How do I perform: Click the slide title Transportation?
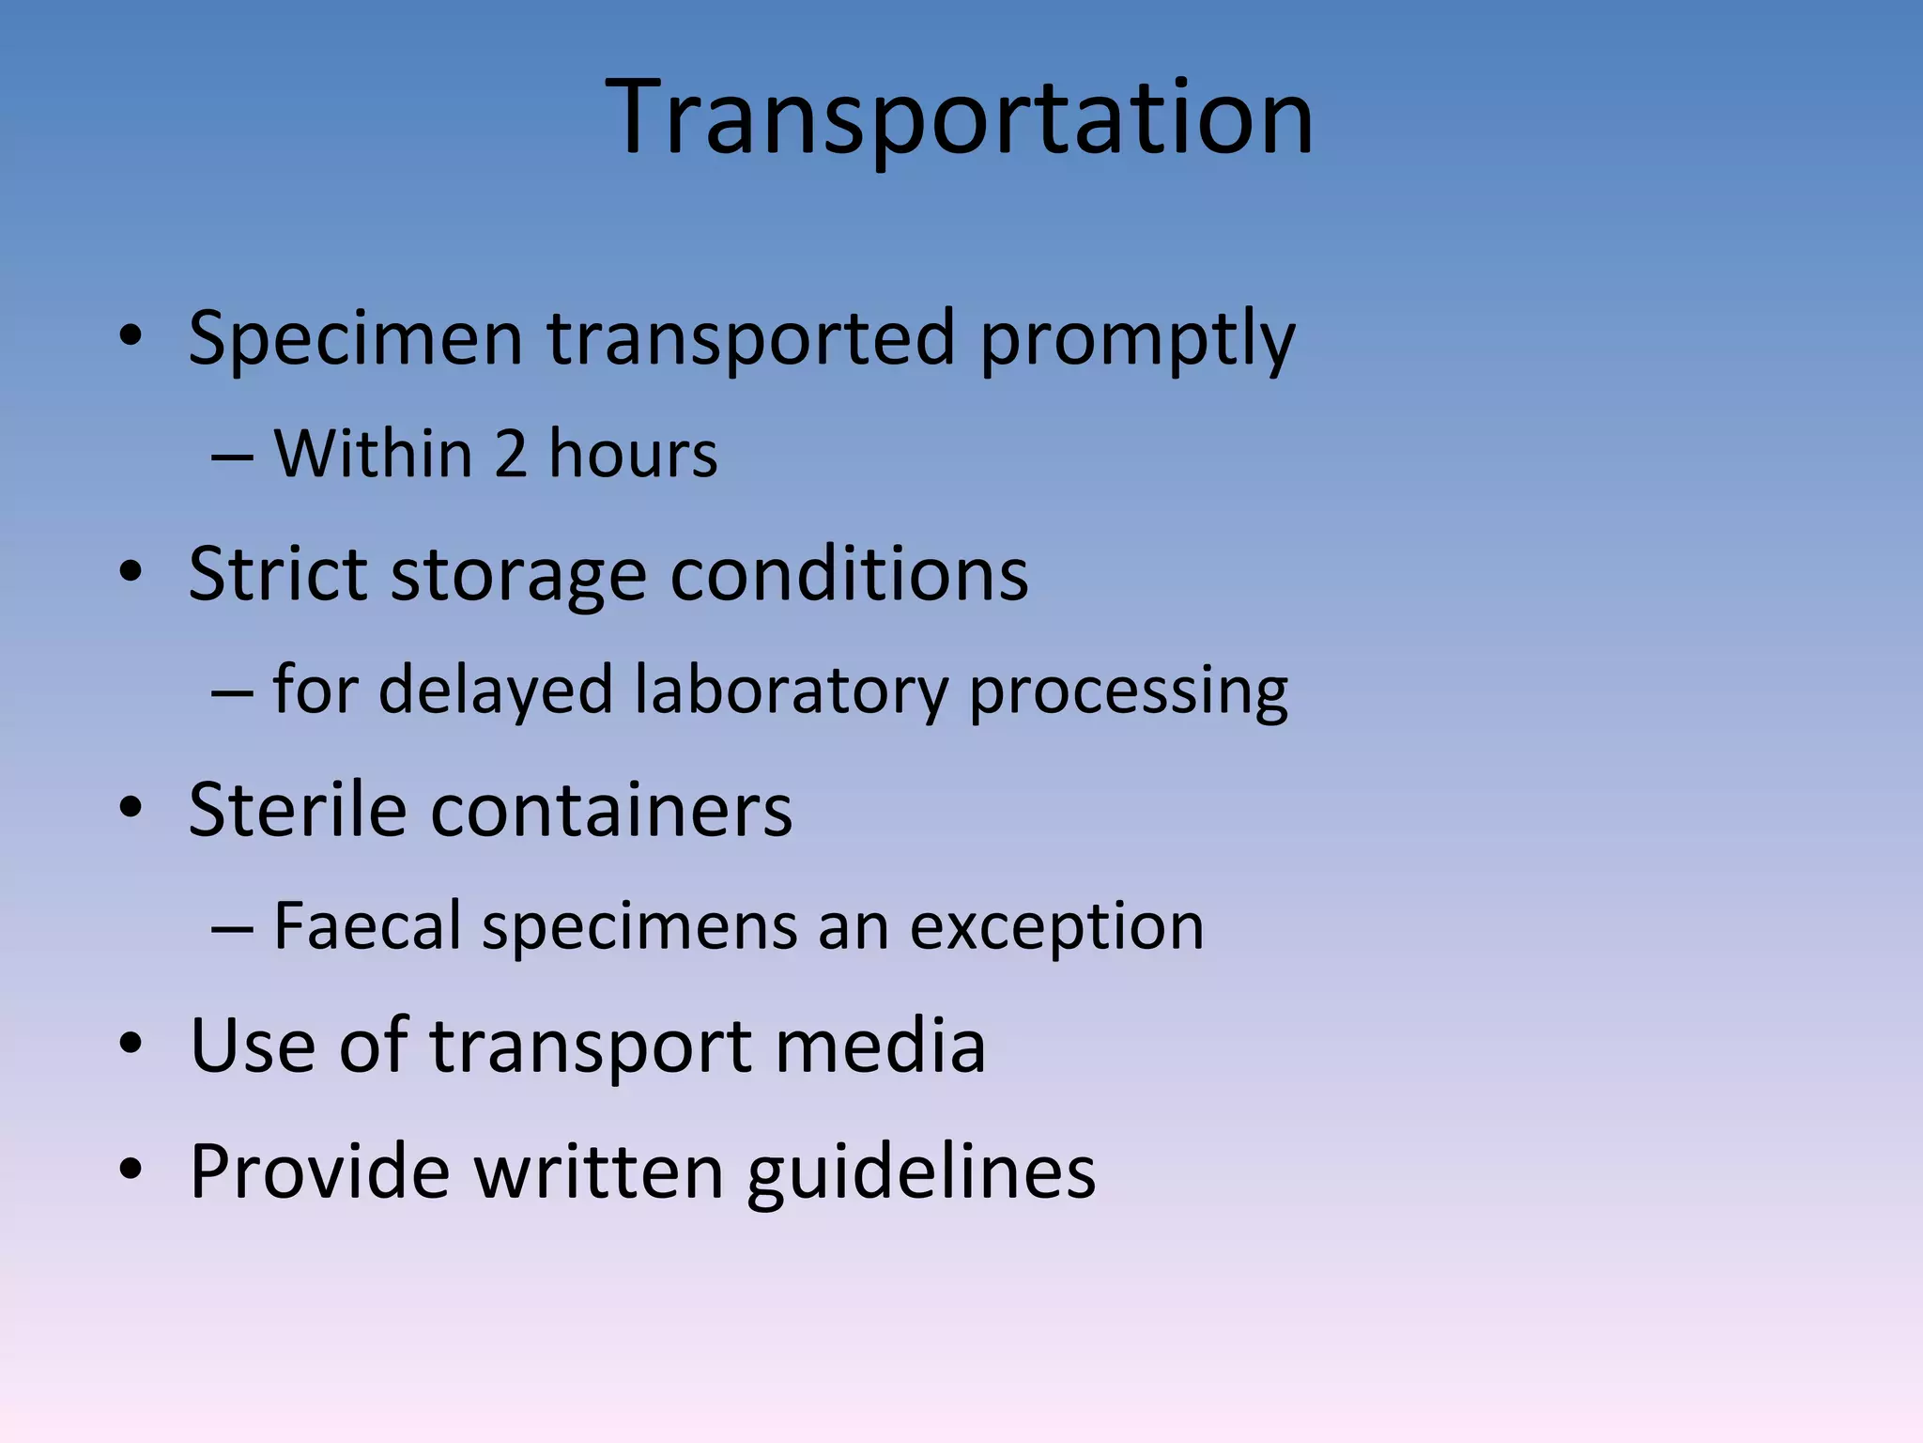point(961,117)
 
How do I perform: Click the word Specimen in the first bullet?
point(355,338)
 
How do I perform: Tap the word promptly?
point(1137,340)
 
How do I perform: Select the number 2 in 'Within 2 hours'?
point(510,454)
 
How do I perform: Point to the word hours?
point(633,454)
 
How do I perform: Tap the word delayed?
point(495,690)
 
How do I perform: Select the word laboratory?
point(791,690)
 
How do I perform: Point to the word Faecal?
point(366,926)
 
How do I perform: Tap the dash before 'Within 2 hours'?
point(232,456)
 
